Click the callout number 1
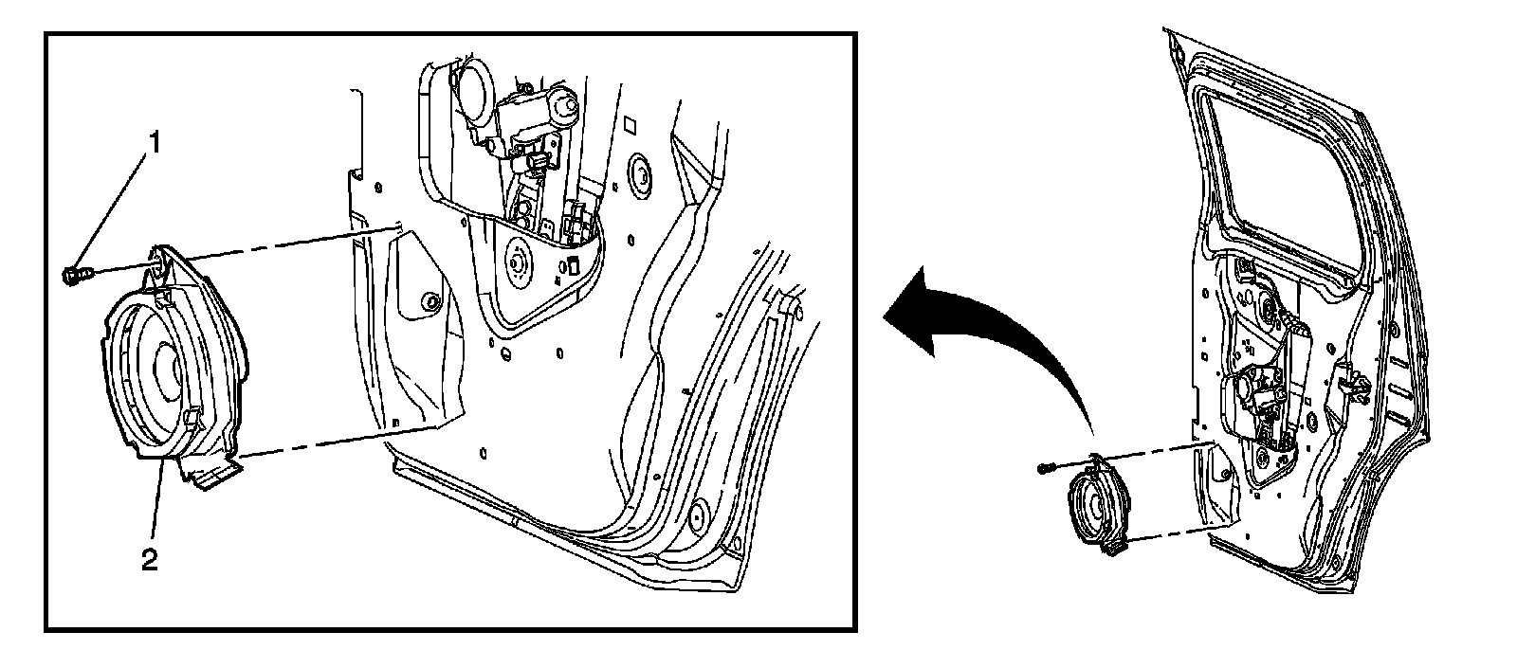pos(151,142)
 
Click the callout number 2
pos(149,560)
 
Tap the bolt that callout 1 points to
pos(74,277)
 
